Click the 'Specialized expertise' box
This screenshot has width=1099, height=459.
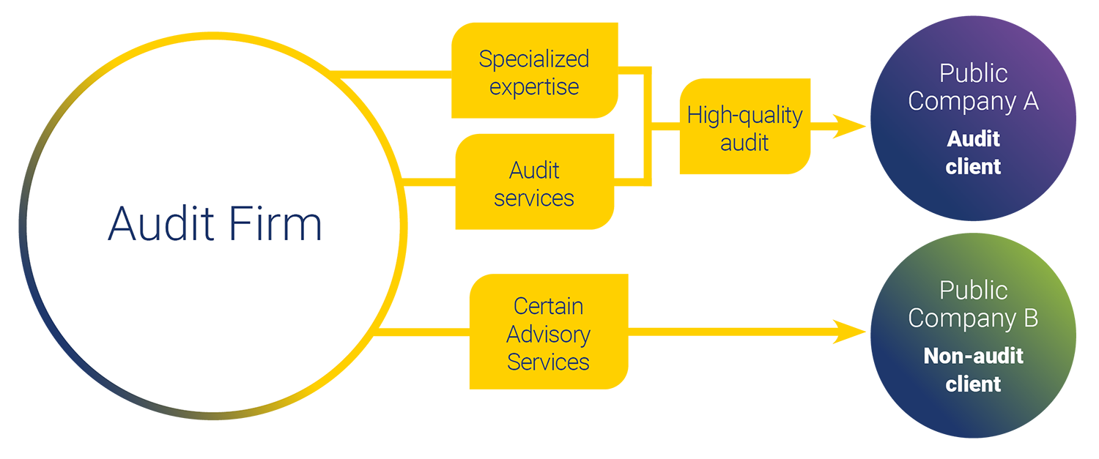(x=535, y=71)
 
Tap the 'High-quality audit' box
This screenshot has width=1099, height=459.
(x=744, y=127)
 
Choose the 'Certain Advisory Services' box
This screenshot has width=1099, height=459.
(x=548, y=332)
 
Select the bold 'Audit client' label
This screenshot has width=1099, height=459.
(x=973, y=152)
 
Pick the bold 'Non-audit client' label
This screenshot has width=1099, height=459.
(x=973, y=370)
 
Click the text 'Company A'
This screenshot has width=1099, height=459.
(x=973, y=101)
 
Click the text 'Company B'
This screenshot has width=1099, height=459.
(x=973, y=318)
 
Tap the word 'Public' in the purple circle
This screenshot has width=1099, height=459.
(x=973, y=73)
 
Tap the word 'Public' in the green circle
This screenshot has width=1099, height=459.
(x=973, y=290)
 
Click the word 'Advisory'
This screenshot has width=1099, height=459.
(x=548, y=335)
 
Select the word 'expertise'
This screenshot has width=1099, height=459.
(x=534, y=87)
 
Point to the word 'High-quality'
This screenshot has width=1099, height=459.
(x=744, y=115)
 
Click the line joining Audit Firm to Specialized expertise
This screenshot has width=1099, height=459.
(x=392, y=73)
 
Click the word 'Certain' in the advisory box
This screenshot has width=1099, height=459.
(x=548, y=306)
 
